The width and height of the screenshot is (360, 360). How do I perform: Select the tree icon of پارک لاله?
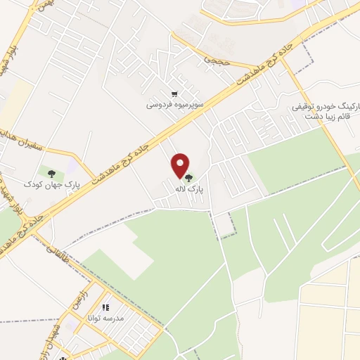point(188,177)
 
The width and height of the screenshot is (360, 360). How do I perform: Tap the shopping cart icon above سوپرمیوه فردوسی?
point(174,94)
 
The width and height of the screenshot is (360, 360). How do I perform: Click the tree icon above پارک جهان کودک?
point(51,172)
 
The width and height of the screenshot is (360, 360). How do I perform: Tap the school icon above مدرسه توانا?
point(105,307)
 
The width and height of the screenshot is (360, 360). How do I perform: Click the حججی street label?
point(213,60)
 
